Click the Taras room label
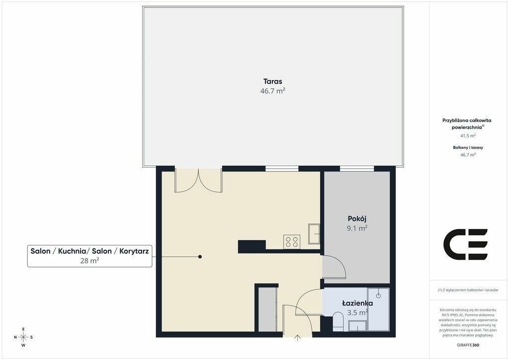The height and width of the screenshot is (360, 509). [x=273, y=82]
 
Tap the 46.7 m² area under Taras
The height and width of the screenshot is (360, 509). [x=273, y=91]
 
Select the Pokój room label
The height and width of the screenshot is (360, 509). [x=357, y=219]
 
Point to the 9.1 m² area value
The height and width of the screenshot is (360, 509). [x=357, y=228]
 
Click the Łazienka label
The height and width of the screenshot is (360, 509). [x=357, y=303]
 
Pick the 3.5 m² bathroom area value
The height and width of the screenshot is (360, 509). [x=357, y=313]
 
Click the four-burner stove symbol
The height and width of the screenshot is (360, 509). [x=291, y=242]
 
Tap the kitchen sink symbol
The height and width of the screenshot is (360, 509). [x=314, y=233]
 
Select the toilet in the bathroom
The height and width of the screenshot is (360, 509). [x=338, y=322]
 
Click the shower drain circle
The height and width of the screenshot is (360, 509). [x=378, y=296]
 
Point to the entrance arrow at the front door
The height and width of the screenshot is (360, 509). [x=297, y=338]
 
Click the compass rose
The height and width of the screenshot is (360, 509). [x=23, y=337]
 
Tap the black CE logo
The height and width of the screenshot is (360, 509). [x=465, y=245]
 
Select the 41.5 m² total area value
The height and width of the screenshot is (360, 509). [x=468, y=136]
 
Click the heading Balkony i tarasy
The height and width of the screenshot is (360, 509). [x=468, y=147]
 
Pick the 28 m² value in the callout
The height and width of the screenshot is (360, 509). [x=89, y=261]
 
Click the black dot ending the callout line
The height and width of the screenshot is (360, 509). [x=200, y=257]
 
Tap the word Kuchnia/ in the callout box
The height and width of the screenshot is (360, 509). [x=72, y=251]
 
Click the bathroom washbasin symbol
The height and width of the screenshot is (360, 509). [x=357, y=326]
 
